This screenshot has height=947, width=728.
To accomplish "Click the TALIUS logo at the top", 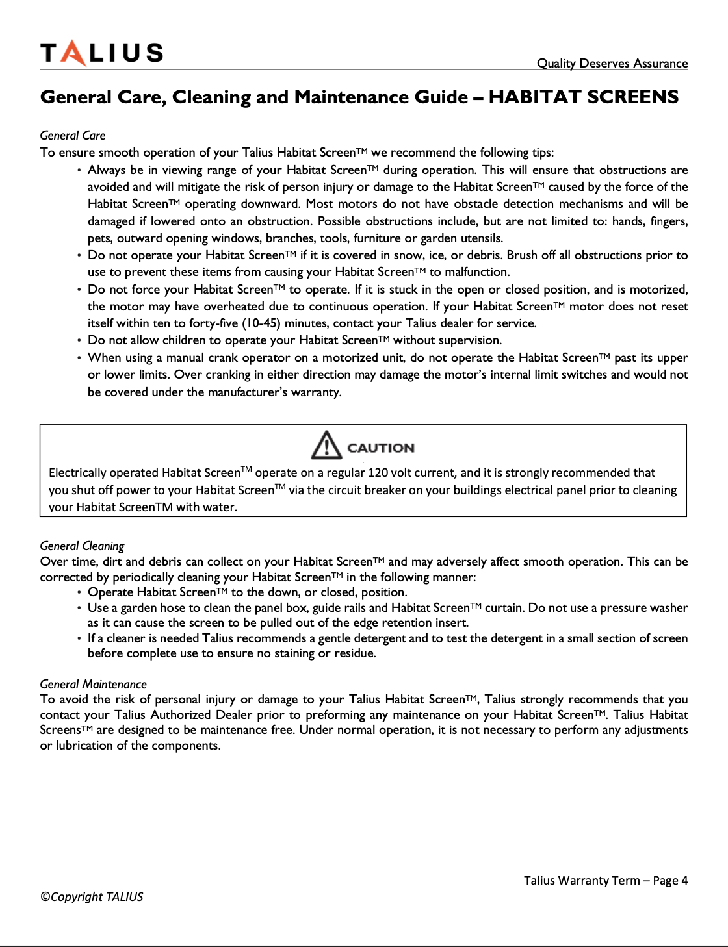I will [x=101, y=53].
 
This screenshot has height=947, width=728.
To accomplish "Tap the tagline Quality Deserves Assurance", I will [x=612, y=63].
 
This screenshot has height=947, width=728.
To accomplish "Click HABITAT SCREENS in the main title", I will [x=583, y=97].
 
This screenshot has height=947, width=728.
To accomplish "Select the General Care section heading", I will [x=73, y=135].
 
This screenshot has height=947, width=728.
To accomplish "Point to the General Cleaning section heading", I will [x=82, y=546].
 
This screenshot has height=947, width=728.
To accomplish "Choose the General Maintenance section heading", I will [x=93, y=684].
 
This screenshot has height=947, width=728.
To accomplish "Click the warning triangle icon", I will [x=326, y=446].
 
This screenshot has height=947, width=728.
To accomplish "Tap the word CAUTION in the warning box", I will [x=380, y=448].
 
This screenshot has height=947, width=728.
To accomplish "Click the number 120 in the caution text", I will [x=378, y=473].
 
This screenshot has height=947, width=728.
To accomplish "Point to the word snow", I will [x=395, y=255].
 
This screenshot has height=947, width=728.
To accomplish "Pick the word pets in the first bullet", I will [x=100, y=238].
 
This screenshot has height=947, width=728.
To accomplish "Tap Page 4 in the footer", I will [x=670, y=881].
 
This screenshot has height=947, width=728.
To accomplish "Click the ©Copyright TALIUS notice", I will [x=92, y=897].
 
